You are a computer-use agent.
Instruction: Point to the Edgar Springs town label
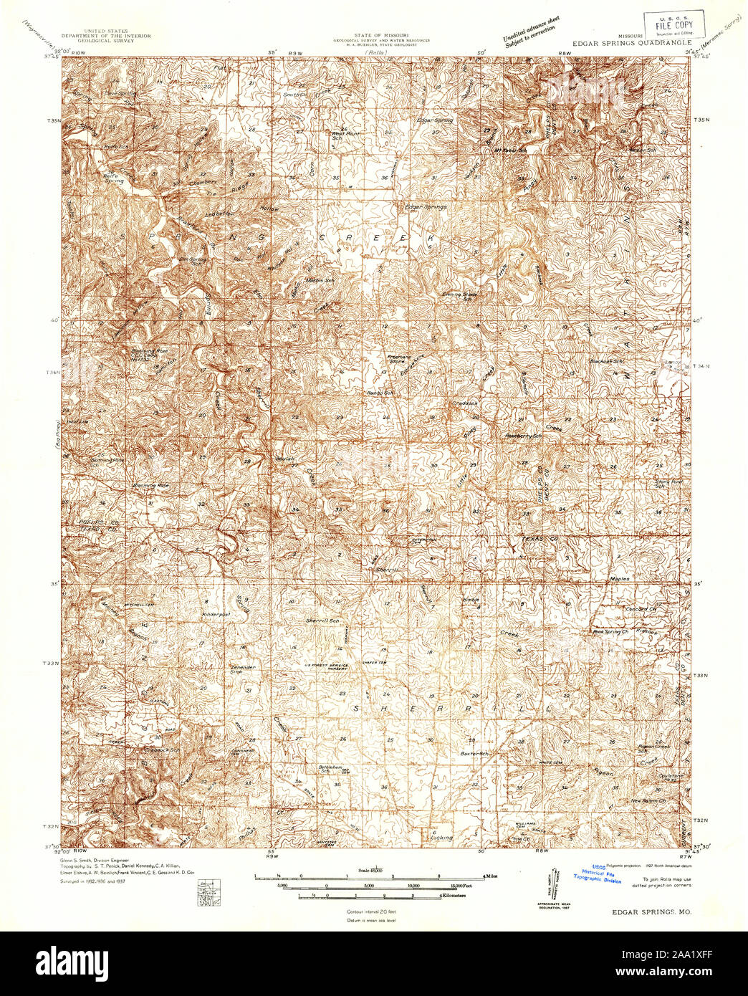(426, 207)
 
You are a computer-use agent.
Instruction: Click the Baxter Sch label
(474, 754)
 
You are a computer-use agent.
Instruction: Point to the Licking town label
(441, 837)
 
